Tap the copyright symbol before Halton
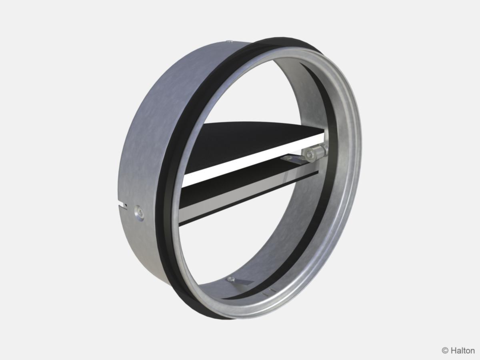click(x=445, y=351)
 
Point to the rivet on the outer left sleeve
click(x=139, y=211)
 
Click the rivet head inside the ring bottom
click(x=231, y=279)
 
